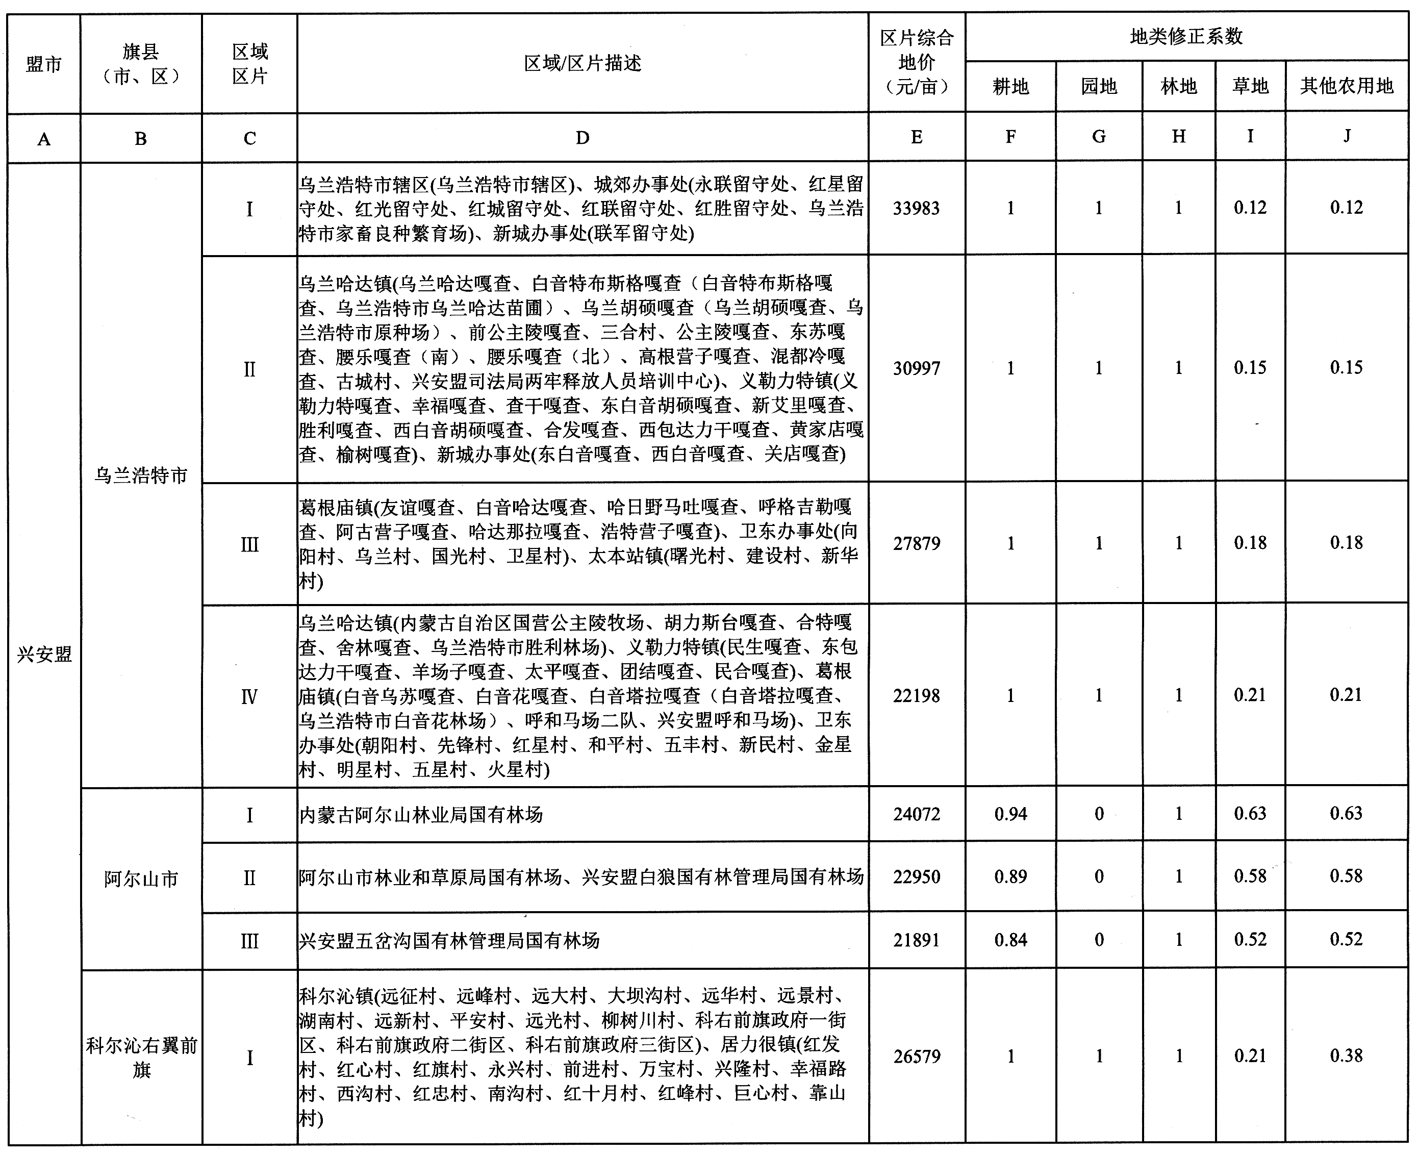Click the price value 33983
pyautogui.click(x=916, y=208)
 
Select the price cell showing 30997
pyautogui.click(x=916, y=368)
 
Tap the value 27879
pyautogui.click(x=916, y=543)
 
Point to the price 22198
pyautogui.click(x=916, y=696)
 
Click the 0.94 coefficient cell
pyautogui.click(x=1010, y=814)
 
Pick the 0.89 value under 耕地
pyautogui.click(x=1010, y=877)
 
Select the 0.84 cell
pyautogui.click(x=1010, y=940)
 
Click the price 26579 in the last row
pyautogui.click(x=916, y=1057)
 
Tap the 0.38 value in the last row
pyautogui.click(x=1346, y=1056)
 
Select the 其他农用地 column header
pyautogui.click(x=1346, y=86)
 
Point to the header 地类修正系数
pyautogui.click(x=1186, y=37)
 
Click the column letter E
pyautogui.click(x=916, y=137)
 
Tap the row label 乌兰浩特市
pyautogui.click(x=141, y=475)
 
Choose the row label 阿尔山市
pyautogui.click(x=141, y=879)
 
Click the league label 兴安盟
pyautogui.click(x=44, y=655)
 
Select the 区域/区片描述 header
pyautogui.click(x=582, y=63)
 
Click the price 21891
pyautogui.click(x=916, y=940)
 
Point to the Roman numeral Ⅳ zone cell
pyautogui.click(x=249, y=696)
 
